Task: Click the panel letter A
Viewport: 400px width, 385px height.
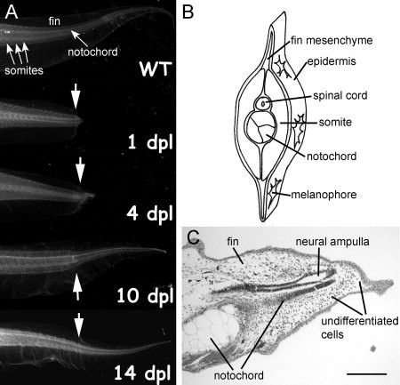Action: click(x=11, y=12)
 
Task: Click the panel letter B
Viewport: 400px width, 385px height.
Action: click(x=188, y=12)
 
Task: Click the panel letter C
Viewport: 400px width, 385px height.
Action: click(x=193, y=237)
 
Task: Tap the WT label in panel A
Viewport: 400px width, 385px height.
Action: click(x=156, y=69)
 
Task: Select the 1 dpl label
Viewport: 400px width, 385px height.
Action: click(x=150, y=142)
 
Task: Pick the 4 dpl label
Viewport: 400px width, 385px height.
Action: click(x=150, y=213)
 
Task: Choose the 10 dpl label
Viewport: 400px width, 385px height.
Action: click(x=145, y=295)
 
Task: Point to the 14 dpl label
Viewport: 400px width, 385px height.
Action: click(x=143, y=373)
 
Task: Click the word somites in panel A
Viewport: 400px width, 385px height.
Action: click(x=24, y=70)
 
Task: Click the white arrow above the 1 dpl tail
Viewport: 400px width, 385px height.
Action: click(x=76, y=96)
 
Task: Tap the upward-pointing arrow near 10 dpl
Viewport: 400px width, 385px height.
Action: click(x=77, y=286)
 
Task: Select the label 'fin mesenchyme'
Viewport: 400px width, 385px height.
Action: click(x=332, y=40)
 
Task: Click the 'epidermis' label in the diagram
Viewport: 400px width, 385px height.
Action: click(x=332, y=61)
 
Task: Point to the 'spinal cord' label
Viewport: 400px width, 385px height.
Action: click(x=340, y=95)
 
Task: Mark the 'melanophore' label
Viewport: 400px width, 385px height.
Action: click(x=324, y=195)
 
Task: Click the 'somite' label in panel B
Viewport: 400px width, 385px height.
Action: click(x=335, y=122)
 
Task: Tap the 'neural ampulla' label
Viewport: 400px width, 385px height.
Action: click(x=332, y=242)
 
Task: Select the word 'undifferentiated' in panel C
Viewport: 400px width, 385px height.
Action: click(x=360, y=321)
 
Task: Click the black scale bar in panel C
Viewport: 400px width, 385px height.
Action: click(x=366, y=374)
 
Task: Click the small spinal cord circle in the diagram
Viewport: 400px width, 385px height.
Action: click(x=262, y=104)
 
